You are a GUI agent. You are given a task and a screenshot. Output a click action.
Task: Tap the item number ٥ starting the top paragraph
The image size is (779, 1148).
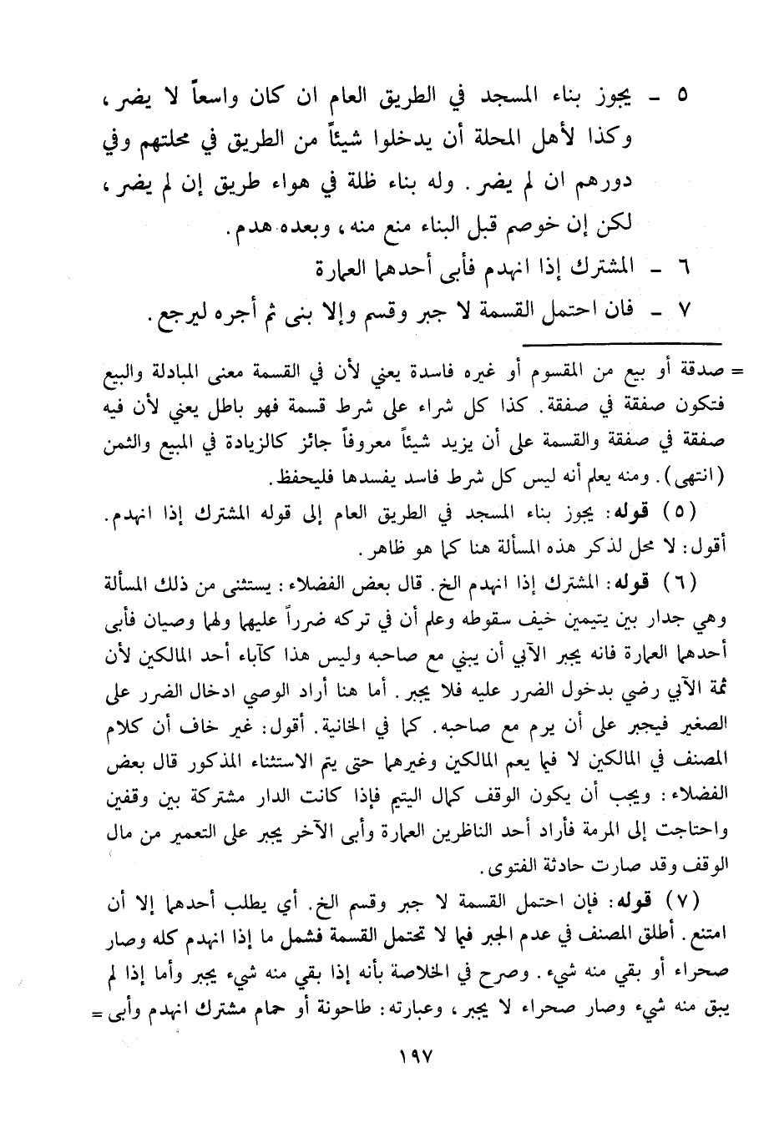click(x=681, y=94)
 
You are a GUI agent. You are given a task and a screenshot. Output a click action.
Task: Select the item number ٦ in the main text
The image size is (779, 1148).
click(x=681, y=269)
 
